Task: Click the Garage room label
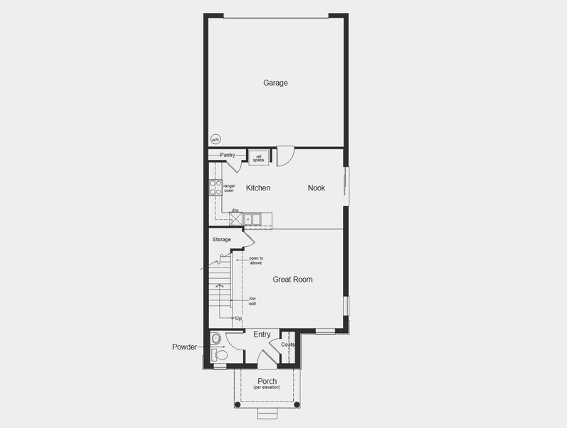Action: click(x=275, y=83)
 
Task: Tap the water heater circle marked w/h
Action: click(x=215, y=140)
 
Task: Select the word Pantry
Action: click(x=228, y=155)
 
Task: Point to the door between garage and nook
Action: click(x=285, y=156)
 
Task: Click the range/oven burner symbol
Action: click(x=215, y=188)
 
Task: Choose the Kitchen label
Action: click(x=258, y=188)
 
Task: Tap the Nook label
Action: click(x=316, y=188)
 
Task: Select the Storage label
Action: click(x=221, y=240)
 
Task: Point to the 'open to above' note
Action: click(x=255, y=260)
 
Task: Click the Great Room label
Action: click(x=292, y=280)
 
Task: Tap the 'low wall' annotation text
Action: click(x=252, y=301)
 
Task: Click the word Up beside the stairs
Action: click(x=238, y=318)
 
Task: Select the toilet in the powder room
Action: click(x=220, y=354)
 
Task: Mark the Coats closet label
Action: click(x=287, y=345)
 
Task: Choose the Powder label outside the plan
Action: click(x=184, y=347)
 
